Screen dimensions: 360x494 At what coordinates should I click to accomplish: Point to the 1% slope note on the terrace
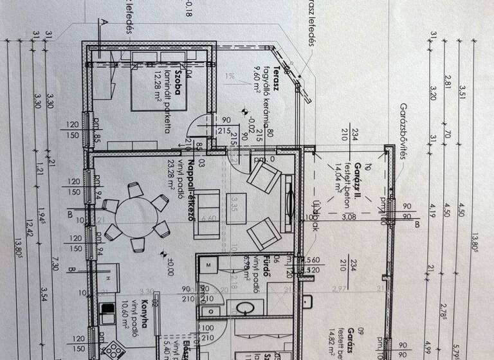tap(230, 76)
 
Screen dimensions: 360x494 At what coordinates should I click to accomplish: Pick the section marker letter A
tap(102, 21)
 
